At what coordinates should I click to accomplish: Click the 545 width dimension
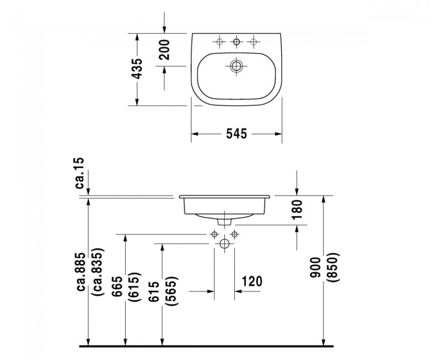point(236,134)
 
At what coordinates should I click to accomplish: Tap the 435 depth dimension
point(137,68)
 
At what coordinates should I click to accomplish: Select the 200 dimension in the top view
point(164,50)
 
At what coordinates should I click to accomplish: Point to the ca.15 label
point(79,173)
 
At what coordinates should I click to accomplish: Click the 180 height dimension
point(297,209)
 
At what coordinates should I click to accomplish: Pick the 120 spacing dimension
point(252,281)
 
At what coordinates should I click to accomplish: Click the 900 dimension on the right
point(315,267)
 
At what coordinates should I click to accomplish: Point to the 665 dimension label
point(117,286)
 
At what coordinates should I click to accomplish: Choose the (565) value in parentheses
point(171,291)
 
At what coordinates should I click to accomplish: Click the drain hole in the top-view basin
point(236,66)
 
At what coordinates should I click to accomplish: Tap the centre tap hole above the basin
point(236,42)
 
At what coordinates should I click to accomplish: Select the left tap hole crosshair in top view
point(219,42)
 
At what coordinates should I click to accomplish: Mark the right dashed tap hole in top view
point(254,42)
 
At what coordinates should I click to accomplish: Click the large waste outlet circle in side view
point(224,244)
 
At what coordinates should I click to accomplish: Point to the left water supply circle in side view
point(214,234)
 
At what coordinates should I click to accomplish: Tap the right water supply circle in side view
point(234,234)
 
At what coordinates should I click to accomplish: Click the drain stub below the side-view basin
point(224,222)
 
